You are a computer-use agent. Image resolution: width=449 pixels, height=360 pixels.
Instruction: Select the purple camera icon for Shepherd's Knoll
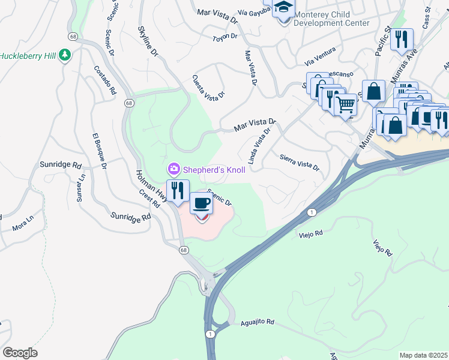174,170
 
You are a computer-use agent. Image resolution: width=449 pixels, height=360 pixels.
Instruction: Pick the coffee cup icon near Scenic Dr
201,203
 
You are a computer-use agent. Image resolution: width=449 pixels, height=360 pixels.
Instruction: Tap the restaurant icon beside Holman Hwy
177,191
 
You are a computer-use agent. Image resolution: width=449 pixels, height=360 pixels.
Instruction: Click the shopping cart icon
345,104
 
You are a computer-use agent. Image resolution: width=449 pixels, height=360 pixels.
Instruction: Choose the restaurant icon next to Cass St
401,40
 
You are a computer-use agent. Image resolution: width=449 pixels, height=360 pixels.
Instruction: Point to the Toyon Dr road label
225,38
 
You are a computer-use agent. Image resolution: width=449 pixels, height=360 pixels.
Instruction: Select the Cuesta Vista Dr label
208,86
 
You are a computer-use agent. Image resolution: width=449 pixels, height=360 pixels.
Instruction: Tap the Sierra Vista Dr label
300,161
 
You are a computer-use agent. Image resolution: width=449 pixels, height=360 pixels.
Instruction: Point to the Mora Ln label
20,227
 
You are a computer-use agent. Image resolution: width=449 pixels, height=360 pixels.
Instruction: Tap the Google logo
20,353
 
